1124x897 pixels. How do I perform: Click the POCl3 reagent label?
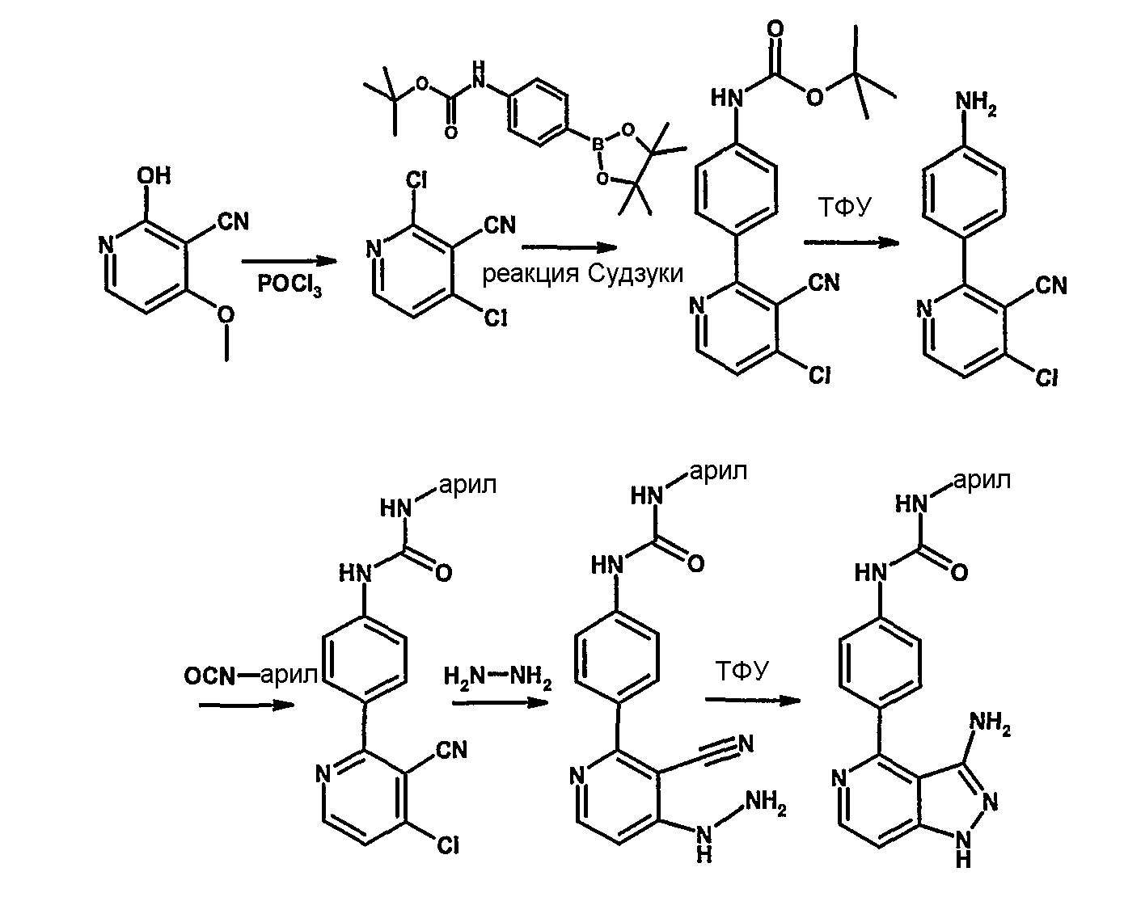[289, 285]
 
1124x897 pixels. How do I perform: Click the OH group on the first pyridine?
[154, 175]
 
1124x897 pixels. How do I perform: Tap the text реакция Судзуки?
[582, 273]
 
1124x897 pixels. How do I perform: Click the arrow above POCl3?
[289, 261]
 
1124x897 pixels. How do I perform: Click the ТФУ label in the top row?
[844, 208]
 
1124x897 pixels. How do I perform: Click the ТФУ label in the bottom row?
[742, 672]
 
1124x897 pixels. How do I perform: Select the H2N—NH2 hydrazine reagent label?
[497, 678]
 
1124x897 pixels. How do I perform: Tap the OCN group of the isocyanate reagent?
[209, 676]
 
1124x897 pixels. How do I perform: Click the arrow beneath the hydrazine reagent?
[500, 703]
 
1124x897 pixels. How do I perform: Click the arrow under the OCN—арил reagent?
[247, 705]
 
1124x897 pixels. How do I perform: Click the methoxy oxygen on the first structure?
[226, 315]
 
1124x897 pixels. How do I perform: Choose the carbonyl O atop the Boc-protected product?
[775, 29]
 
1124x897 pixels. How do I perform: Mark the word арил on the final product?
[983, 481]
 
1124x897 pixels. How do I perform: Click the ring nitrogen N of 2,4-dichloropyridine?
[373, 249]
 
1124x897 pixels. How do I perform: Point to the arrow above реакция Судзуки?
[569, 247]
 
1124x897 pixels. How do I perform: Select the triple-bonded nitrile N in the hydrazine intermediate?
[746, 743]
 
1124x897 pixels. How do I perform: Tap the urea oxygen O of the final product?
[959, 573]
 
